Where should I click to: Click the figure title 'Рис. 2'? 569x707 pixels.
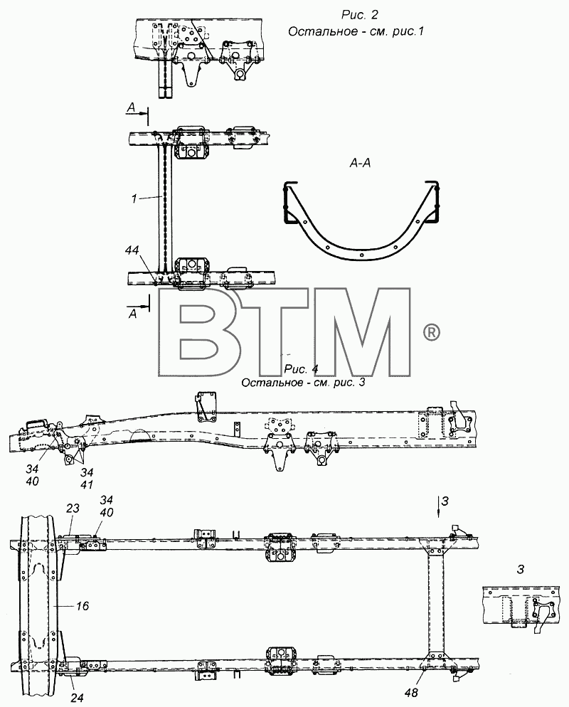pos(359,15)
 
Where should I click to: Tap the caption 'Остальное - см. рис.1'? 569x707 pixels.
pos(356,31)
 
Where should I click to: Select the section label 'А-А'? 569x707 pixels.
pos(360,163)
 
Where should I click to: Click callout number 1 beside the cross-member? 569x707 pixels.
pos(134,198)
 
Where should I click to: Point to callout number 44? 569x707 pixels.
pos(132,250)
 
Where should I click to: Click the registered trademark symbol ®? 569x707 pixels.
pos(432,333)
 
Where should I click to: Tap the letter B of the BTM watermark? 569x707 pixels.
pos(198,332)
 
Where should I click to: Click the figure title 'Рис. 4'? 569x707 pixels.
pos(301,369)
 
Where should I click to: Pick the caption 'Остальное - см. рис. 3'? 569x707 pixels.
pos(303,383)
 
